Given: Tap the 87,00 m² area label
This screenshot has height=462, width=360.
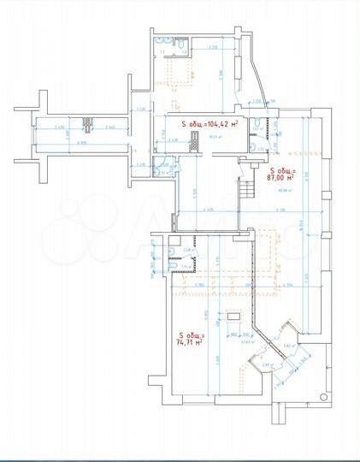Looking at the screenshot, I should pos(282,176).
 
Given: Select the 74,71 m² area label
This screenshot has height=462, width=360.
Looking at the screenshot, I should pos(189,340).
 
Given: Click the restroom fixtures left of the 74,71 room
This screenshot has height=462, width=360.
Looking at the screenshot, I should pos(175,252).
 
